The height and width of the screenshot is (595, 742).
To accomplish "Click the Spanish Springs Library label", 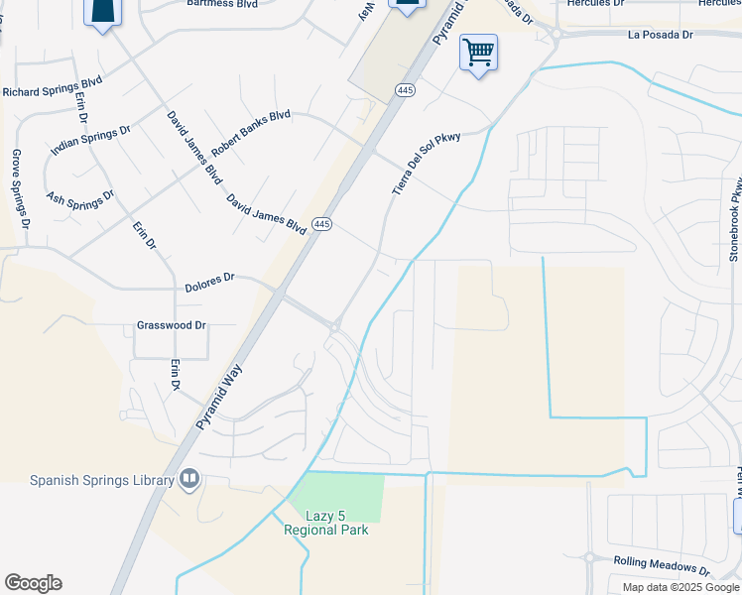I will pyautogui.click(x=101, y=481).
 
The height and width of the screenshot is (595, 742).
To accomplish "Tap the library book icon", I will pyautogui.click(x=188, y=481).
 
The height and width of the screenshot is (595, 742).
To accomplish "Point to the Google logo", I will pyautogui.click(x=33, y=583).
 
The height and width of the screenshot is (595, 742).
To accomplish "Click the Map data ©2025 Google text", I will pyautogui.click(x=681, y=587).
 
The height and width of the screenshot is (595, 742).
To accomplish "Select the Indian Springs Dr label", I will pyautogui.click(x=90, y=140).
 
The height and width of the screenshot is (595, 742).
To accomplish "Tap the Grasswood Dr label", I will pyautogui.click(x=171, y=325).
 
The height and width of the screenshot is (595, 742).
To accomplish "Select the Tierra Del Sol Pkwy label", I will pyautogui.click(x=427, y=163).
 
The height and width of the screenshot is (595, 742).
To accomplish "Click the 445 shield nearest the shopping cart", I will pyautogui.click(x=404, y=90).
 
